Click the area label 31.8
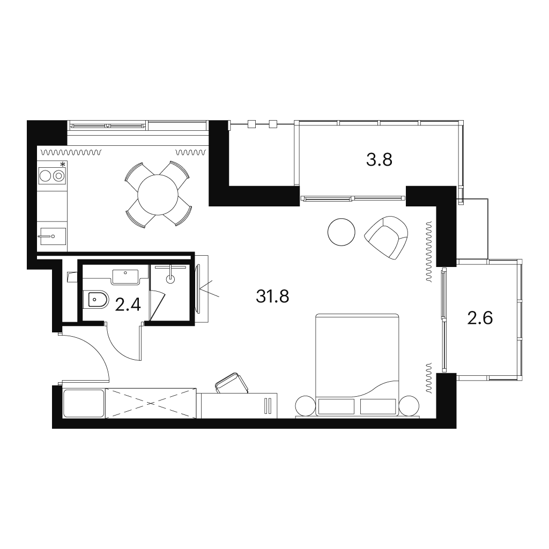272,296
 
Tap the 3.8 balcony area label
379,160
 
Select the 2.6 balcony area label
480,318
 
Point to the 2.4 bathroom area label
128,305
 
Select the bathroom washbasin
125,277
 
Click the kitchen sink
52,236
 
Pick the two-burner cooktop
52,175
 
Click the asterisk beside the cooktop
63,164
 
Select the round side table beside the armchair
342,232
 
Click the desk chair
232,383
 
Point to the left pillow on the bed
336,407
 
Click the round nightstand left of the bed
305,405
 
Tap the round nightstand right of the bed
409,405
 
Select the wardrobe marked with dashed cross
151,403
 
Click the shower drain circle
170,279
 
